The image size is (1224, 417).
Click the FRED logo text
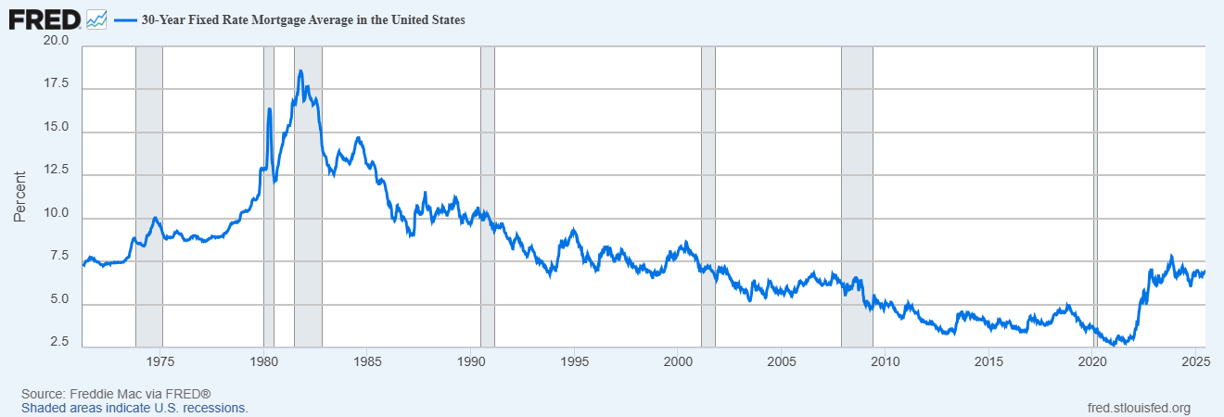[x=44, y=19]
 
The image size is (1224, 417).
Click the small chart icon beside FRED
[x=96, y=19]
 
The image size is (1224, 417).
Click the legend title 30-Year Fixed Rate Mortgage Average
[x=302, y=19]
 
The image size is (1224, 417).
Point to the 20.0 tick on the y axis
[x=56, y=42]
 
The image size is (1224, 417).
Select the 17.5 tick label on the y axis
[x=56, y=84]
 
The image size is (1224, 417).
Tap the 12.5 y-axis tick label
[x=56, y=171]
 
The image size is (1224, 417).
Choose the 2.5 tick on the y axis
[x=59, y=343]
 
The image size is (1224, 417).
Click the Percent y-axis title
[x=19, y=196]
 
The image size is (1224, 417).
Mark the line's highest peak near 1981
[x=300, y=71]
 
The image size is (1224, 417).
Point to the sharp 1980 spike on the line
[x=269, y=109]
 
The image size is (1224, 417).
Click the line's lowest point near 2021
[x=1125, y=344]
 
